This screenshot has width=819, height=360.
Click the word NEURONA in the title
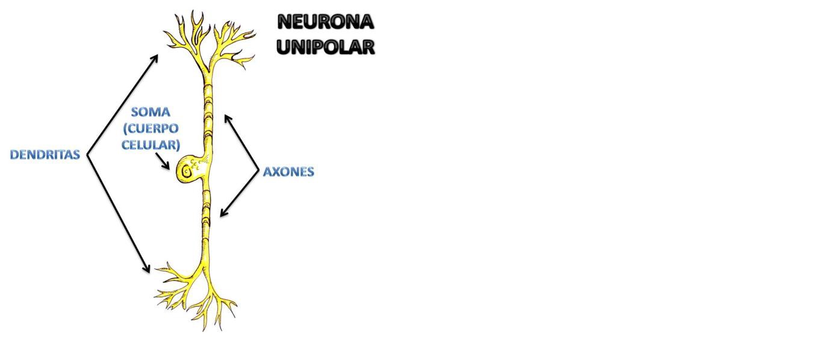[325, 22]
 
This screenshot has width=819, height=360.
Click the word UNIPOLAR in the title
[325, 46]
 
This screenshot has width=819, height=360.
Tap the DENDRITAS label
[45, 155]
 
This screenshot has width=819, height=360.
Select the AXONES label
[288, 172]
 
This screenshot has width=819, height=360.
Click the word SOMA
[151, 112]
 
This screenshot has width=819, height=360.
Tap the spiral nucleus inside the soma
[187, 172]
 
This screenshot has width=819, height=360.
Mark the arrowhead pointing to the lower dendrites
[147, 269]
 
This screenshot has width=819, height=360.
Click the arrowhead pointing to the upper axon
[227, 117]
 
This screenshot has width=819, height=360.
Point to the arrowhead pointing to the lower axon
[223, 213]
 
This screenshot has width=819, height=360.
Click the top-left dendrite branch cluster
[184, 33]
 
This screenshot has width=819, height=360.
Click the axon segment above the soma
[207, 108]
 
